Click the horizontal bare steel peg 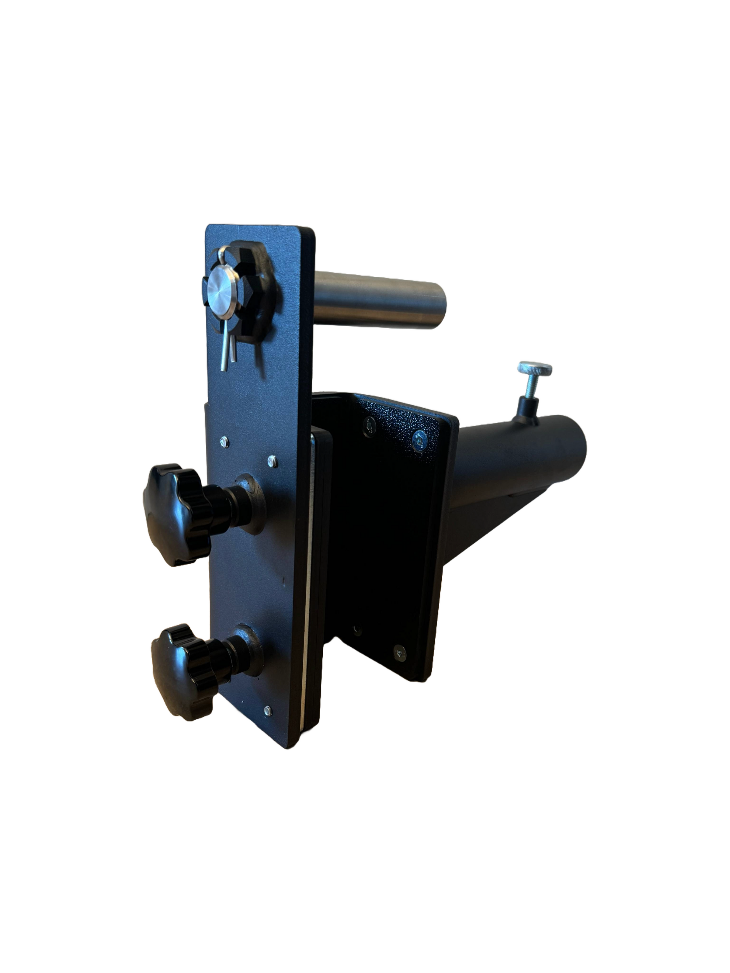coord(378,299)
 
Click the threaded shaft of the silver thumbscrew coord(529,385)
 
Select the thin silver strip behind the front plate coord(308,594)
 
